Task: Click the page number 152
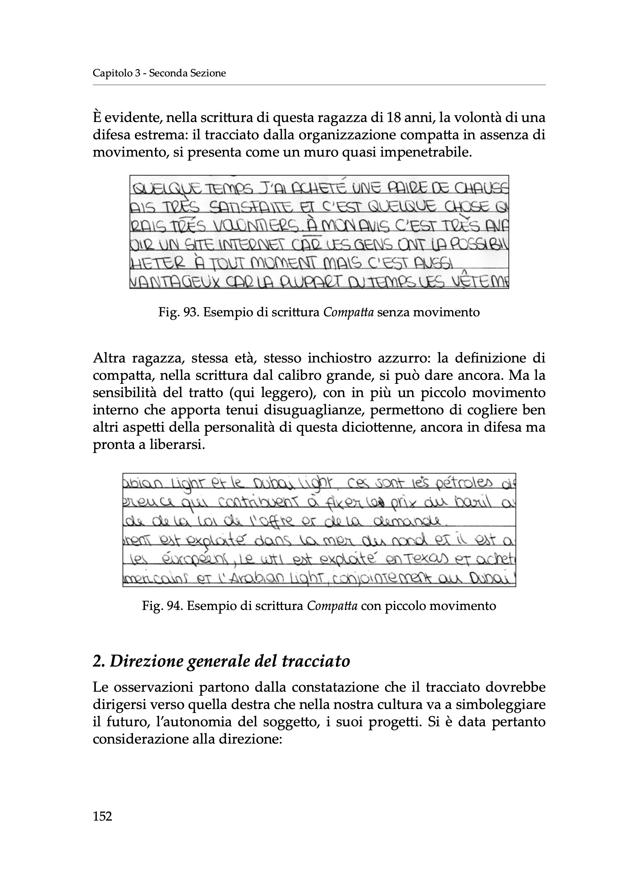tap(102, 816)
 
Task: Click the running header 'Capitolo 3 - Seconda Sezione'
tap(159, 73)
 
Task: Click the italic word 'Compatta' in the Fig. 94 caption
tap(332, 606)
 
